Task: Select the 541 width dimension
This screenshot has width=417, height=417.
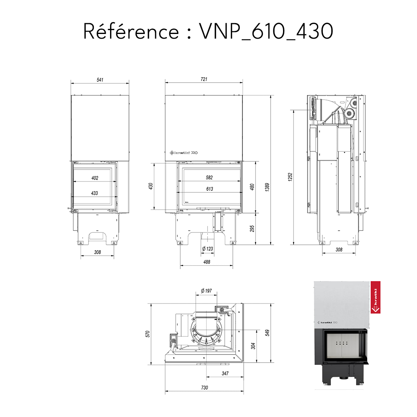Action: point(100,80)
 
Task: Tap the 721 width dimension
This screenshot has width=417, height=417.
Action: point(204,79)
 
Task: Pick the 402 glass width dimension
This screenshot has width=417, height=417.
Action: point(95,178)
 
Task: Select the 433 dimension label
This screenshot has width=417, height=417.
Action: point(95,193)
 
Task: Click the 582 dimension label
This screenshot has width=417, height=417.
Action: point(209,178)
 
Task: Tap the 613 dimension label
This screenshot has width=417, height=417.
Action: point(209,189)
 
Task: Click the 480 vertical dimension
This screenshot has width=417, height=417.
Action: point(252,186)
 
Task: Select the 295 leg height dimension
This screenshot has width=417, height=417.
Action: point(252,228)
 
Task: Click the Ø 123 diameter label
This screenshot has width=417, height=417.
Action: point(207,249)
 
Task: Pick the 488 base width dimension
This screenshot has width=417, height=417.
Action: point(207,262)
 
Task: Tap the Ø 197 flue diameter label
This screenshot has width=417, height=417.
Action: point(207,290)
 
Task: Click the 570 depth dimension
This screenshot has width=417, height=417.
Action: point(147,334)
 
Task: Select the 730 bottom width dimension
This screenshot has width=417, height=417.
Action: point(204,387)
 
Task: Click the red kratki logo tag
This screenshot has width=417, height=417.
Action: point(375,297)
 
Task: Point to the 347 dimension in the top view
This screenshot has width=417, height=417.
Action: point(225,373)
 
